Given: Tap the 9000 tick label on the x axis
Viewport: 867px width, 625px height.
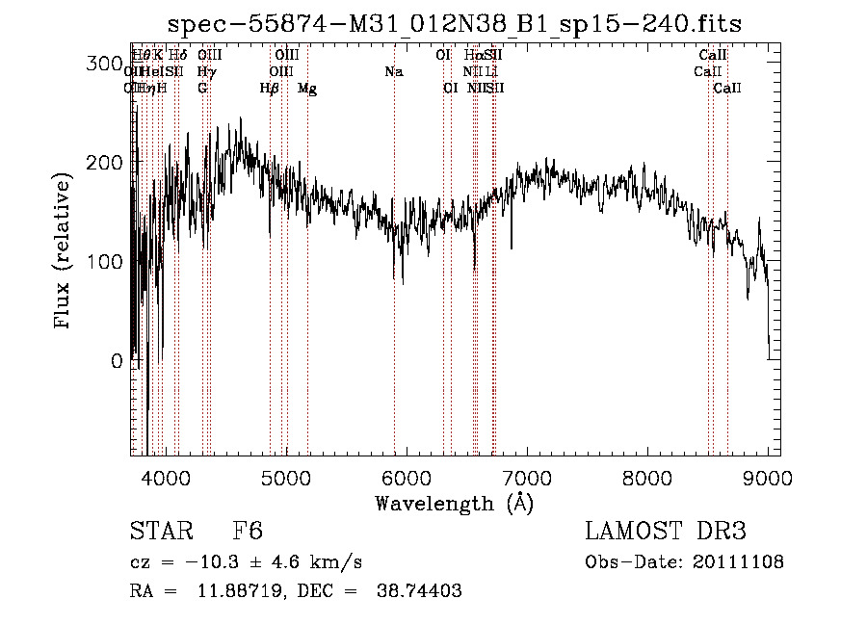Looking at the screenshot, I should pyautogui.click(x=768, y=476).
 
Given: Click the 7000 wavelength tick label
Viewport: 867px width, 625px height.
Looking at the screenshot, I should pyautogui.click(x=527, y=476).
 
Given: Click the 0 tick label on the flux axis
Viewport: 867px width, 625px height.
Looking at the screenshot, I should pyautogui.click(x=117, y=361).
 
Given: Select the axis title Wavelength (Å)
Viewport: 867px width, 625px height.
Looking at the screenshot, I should pyautogui.click(x=454, y=503).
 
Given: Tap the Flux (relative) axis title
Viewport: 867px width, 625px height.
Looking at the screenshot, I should pyautogui.click(x=65, y=252).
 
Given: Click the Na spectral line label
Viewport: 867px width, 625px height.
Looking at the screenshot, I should pyautogui.click(x=393, y=72).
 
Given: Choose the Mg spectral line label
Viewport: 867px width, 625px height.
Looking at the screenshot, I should pyautogui.click(x=307, y=89).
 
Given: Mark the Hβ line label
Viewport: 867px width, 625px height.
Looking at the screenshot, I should pyautogui.click(x=270, y=89).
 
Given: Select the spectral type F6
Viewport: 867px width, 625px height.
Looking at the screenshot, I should pyautogui.click(x=248, y=532).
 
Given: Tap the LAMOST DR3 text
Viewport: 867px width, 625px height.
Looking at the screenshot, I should pyautogui.click(x=665, y=532).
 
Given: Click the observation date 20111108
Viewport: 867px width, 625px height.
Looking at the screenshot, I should pyautogui.click(x=741, y=562).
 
